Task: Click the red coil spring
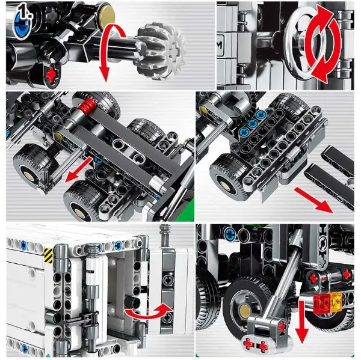pos(87,105)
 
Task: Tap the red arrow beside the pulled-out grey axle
pos(78,171)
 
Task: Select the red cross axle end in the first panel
pos(52,74)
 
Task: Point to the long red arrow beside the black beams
pos(313,201)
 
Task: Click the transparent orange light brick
pos(336,302)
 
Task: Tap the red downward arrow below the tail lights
pos(302,322)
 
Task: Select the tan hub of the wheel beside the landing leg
pos(245,311)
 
